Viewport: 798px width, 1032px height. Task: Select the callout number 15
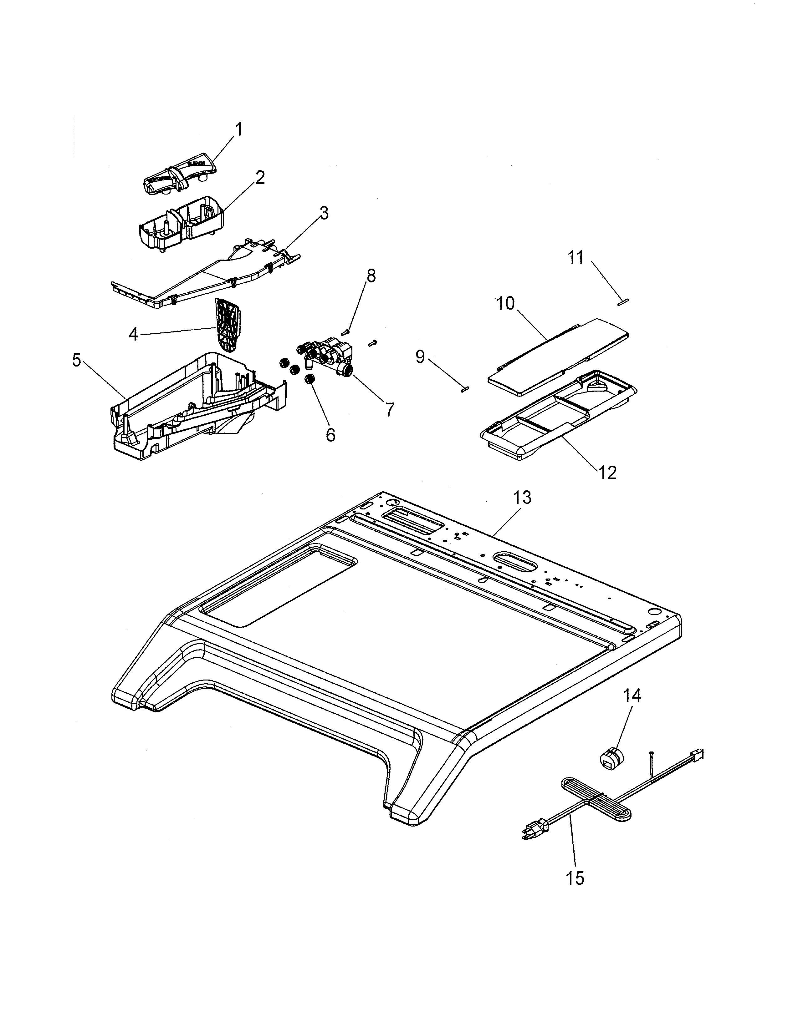(575, 878)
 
